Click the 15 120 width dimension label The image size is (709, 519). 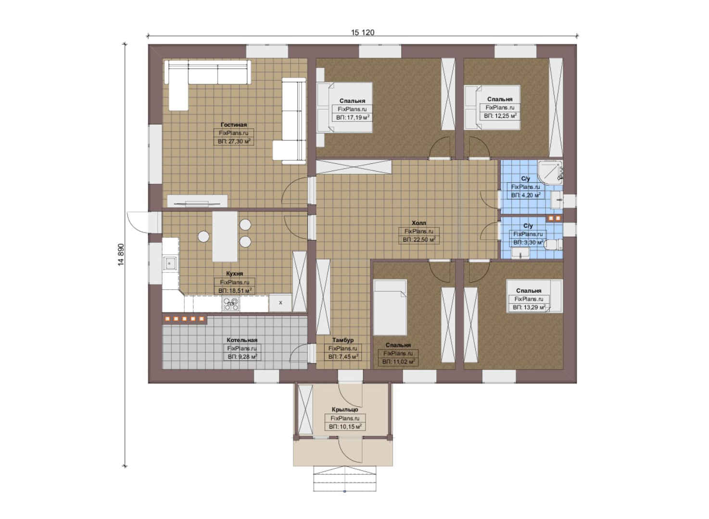point(363,33)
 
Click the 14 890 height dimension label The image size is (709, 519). point(121,255)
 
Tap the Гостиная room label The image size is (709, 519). point(234,124)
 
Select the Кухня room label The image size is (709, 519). point(235,273)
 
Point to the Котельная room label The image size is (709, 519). point(242,340)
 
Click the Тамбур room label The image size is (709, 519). point(343,340)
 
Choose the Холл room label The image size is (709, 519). point(419,223)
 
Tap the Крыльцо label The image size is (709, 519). point(345,409)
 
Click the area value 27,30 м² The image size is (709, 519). point(234,141)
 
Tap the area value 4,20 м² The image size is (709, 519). point(526,195)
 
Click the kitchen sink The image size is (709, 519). point(170,263)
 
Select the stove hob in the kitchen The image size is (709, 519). point(231,304)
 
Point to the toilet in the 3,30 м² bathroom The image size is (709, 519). point(554,245)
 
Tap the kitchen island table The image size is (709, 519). point(225,236)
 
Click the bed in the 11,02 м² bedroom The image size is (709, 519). point(390,308)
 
